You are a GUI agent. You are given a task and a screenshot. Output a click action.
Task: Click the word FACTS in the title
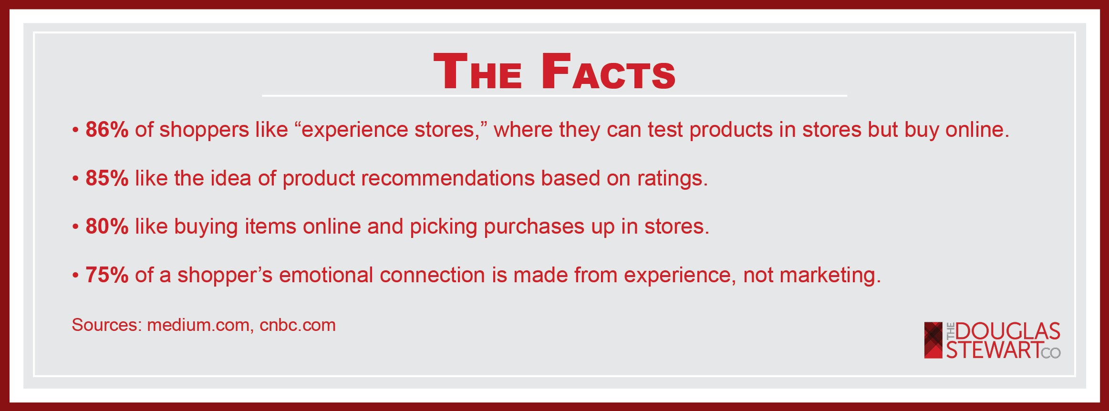coord(608,71)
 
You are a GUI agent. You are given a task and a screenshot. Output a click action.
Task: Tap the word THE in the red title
coord(477,71)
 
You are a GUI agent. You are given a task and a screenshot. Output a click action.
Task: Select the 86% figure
coord(107,130)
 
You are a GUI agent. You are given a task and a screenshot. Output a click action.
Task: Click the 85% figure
coord(107,178)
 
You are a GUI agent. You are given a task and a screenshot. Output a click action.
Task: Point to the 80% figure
coord(107,226)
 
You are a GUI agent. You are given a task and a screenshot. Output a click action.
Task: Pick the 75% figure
coord(107,275)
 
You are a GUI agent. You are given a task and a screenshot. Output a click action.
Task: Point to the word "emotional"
coord(326,275)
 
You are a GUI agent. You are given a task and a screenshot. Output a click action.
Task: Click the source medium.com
coord(198,325)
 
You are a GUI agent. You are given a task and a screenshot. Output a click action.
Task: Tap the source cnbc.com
coord(298,325)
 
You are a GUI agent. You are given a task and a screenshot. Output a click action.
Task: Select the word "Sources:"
coord(106,325)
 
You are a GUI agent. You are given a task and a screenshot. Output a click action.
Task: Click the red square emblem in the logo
coord(933,340)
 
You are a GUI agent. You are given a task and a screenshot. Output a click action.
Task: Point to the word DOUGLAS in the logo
coord(1008,331)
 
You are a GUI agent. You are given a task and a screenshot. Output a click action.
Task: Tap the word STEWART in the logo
coord(994,349)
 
